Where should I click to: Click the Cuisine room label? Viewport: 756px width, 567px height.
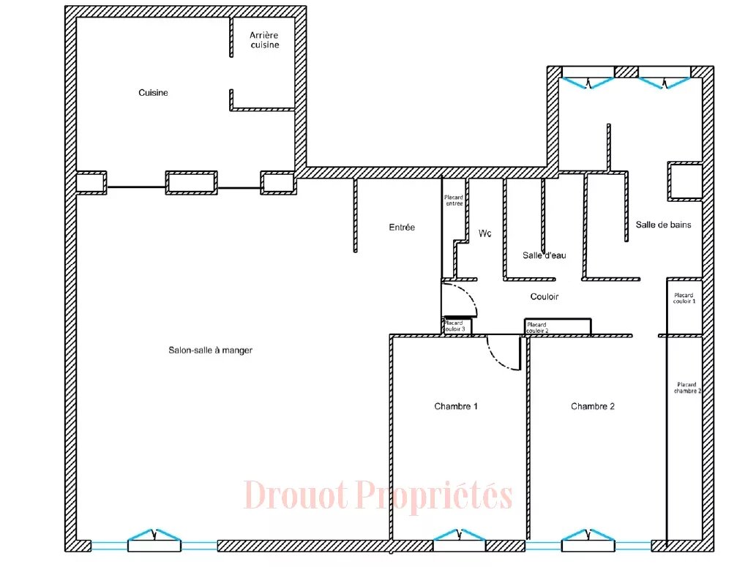(153, 93)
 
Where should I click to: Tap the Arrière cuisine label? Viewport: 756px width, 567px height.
(264, 40)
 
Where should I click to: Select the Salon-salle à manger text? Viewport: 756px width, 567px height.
(210, 350)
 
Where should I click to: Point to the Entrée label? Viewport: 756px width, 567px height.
(402, 227)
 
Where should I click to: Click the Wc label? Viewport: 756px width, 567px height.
(485, 233)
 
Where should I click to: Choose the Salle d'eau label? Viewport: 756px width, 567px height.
(544, 255)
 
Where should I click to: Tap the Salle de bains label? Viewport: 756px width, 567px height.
(664, 225)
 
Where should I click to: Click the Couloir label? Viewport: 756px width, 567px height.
(544, 296)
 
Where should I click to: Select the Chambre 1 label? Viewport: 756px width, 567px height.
(456, 407)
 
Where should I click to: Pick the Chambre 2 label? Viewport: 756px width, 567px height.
(593, 407)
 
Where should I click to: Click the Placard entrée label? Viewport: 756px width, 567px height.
(454, 200)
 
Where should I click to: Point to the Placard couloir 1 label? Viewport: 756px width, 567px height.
(684, 298)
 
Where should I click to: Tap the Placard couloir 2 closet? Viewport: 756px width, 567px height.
(558, 326)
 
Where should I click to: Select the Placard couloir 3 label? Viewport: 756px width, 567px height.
(454, 326)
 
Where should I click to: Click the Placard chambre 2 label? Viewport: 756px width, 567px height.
(687, 388)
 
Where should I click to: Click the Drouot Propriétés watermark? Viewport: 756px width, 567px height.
(378, 495)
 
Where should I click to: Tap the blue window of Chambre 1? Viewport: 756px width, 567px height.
(459, 535)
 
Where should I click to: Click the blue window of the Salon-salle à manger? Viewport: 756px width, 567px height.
(154, 535)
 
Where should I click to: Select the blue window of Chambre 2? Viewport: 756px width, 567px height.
(588, 535)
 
